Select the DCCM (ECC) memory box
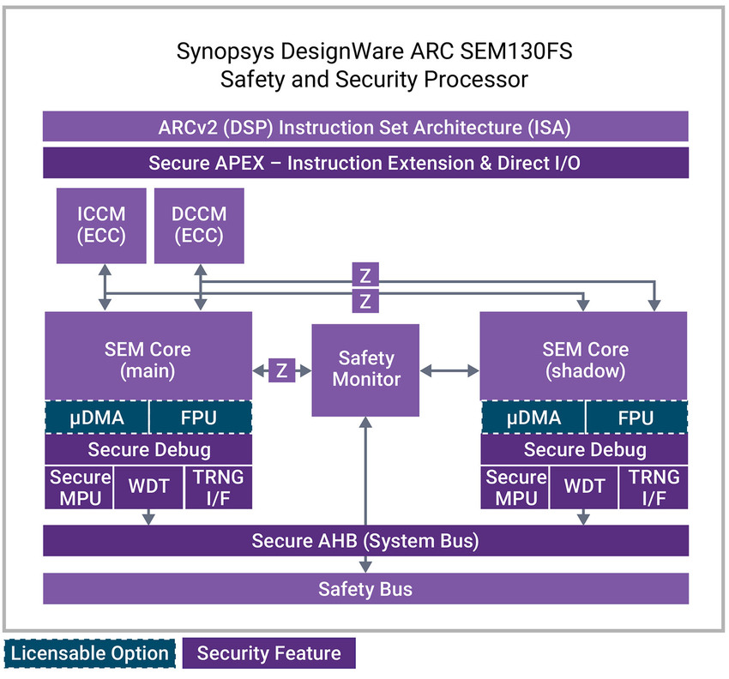point(199,225)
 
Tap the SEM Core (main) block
point(148,358)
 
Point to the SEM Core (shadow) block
point(584,358)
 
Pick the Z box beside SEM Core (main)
point(282,371)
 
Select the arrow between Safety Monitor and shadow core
point(449,371)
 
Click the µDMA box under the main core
point(97,418)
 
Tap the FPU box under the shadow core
point(636,418)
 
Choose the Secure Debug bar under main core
point(148,448)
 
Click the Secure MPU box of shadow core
point(515,487)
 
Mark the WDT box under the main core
point(148,487)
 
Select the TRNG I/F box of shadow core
point(654,487)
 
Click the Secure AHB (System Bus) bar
point(365,541)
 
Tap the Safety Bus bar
point(365,589)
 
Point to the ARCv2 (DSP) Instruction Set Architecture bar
point(365,127)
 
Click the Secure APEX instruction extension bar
point(365,163)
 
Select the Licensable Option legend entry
point(90,653)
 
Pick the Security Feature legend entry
point(268,653)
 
